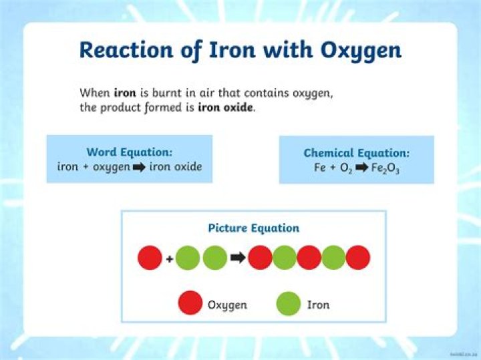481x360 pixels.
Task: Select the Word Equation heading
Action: pyautogui.click(x=129, y=152)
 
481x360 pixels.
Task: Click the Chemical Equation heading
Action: pyautogui.click(x=356, y=153)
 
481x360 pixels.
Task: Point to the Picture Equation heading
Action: pyautogui.click(x=253, y=228)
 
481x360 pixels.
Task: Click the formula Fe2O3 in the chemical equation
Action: pyautogui.click(x=385, y=168)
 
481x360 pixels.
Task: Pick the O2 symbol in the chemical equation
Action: pyautogui.click(x=345, y=168)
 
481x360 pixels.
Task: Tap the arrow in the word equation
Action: pyautogui.click(x=139, y=167)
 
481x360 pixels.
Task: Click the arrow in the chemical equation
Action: pyautogui.click(x=361, y=168)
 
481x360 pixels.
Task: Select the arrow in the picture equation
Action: pyautogui.click(x=237, y=258)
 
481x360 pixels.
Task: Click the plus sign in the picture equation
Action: pyautogui.click(x=169, y=258)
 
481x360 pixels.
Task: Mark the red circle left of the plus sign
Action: pyautogui.click(x=150, y=258)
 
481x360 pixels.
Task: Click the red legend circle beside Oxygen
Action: pyautogui.click(x=190, y=305)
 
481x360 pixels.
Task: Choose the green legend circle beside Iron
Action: pyautogui.click(x=289, y=305)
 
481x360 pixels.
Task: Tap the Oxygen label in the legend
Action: pyautogui.click(x=227, y=305)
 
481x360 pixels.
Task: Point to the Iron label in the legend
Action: pyautogui.click(x=318, y=305)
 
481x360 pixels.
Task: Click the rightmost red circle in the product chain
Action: pyautogui.click(x=358, y=258)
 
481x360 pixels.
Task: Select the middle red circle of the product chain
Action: pyautogui.click(x=309, y=258)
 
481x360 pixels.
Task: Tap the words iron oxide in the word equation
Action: pyautogui.click(x=176, y=167)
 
